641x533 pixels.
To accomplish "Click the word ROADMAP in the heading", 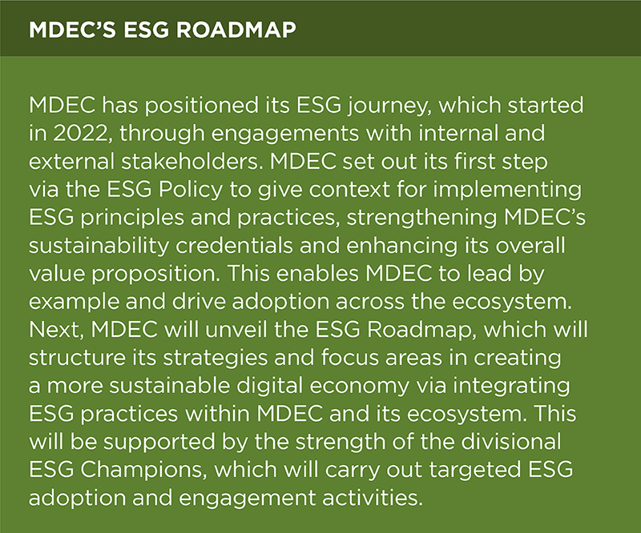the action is click(236, 30).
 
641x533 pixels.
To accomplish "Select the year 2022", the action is click(79, 134).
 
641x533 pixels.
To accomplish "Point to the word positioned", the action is click(201, 106).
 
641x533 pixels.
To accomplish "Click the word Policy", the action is click(191, 190).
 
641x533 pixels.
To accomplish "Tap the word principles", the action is click(132, 218).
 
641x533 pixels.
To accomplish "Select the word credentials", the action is click(234, 246).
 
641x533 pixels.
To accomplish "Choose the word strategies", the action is click(216, 359).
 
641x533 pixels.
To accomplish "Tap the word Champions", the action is click(141, 470).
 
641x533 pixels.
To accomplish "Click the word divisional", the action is click(510, 442).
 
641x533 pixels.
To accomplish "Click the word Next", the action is click(56, 330).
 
